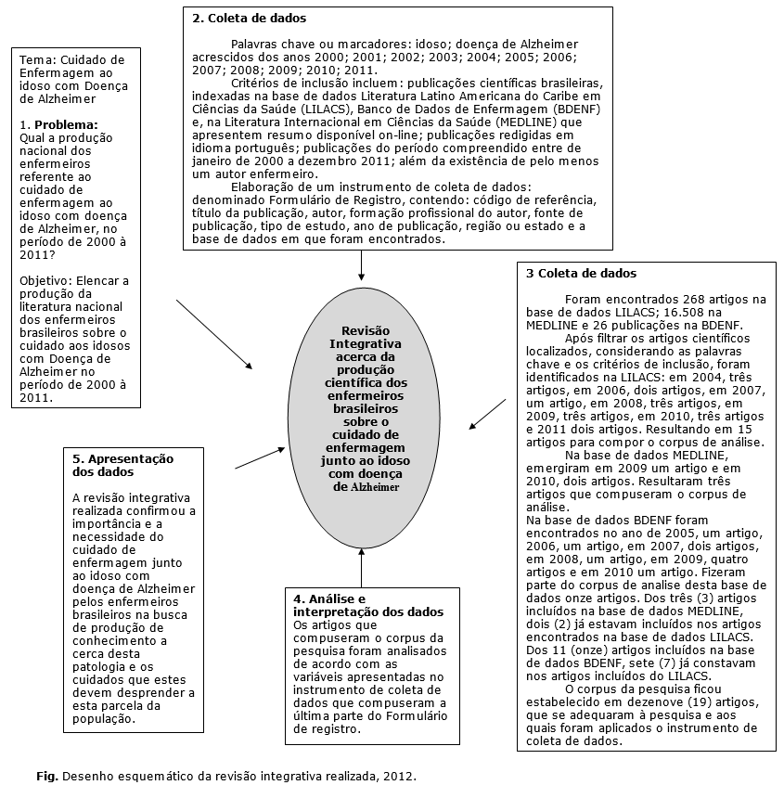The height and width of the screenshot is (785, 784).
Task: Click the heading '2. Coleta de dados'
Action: point(249,18)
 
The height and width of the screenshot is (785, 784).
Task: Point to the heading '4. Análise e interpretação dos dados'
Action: point(366,606)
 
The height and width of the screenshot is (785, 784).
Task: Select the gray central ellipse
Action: point(365,408)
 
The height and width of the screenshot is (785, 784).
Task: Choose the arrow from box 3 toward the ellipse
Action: point(487,415)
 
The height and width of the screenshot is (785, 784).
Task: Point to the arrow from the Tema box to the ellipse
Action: point(213,334)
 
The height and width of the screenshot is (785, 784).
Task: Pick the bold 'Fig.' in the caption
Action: point(47,773)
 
